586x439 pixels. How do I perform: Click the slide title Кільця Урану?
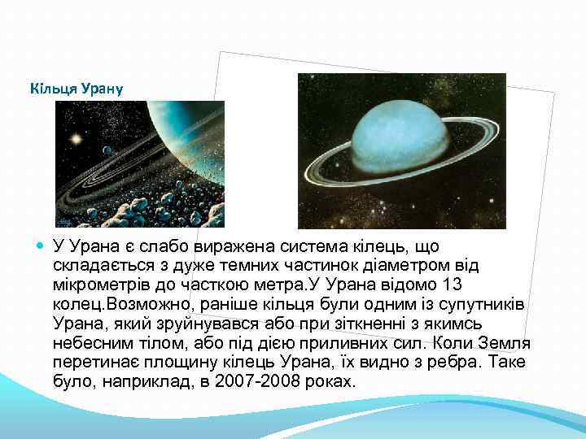(x=75, y=87)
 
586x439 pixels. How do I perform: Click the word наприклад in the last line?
(x=142, y=380)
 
